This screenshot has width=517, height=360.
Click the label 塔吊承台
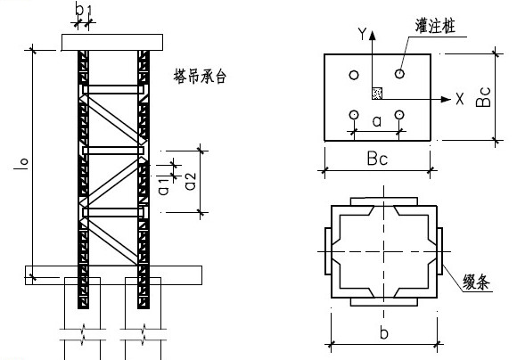(200, 77)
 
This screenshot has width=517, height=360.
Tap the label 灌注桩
(435, 26)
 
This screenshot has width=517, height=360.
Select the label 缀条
(476, 282)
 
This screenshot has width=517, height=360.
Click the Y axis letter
(362, 33)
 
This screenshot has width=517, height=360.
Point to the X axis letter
(460, 99)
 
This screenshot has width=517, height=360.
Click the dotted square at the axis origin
(377, 93)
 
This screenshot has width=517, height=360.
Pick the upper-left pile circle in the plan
(354, 75)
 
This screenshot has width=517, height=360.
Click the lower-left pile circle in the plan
(354, 115)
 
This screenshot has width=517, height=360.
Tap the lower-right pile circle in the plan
(399, 115)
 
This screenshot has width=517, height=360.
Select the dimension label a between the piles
(377, 121)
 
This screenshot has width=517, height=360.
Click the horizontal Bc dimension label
(378, 159)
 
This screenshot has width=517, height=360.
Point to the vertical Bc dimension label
(483, 97)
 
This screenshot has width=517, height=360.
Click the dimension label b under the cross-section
(384, 332)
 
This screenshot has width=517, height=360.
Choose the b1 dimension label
(83, 9)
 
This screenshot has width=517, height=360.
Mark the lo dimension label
(21, 164)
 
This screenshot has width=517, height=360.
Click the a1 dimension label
(163, 186)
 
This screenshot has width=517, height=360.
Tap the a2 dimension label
(191, 182)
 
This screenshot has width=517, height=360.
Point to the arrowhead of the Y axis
(373, 36)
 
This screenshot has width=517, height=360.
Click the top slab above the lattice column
(112, 42)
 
